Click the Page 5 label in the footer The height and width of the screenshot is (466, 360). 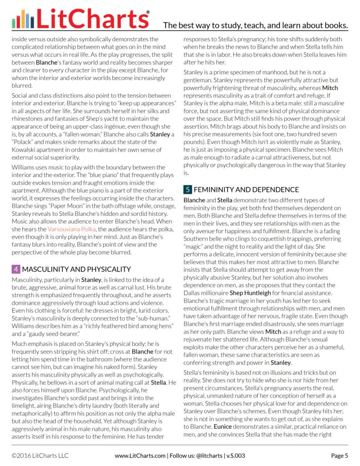340,456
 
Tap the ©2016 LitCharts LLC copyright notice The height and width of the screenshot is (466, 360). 40,456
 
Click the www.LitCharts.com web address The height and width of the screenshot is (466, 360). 140,456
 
